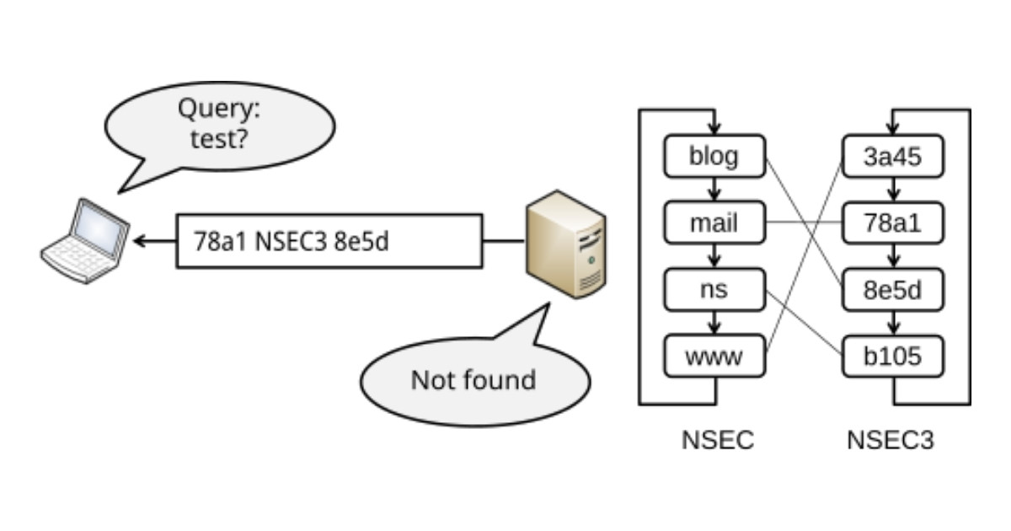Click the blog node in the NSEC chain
pyautogui.click(x=714, y=156)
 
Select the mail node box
pyautogui.click(x=714, y=223)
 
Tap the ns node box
pyautogui.click(x=714, y=290)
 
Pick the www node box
pyautogui.click(x=714, y=357)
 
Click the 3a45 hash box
pyautogui.click(x=894, y=156)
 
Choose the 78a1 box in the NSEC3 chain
pyautogui.click(x=894, y=223)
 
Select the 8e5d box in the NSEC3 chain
pyautogui.click(x=894, y=290)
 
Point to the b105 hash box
pyautogui.click(x=894, y=357)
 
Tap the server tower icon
pyautogui.click(x=565, y=244)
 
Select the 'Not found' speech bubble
pyautogui.click(x=474, y=379)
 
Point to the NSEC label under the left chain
pyautogui.click(x=717, y=440)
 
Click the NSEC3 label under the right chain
pyautogui.click(x=891, y=440)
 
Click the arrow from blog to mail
pyautogui.click(x=714, y=190)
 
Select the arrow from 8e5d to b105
pyautogui.click(x=894, y=324)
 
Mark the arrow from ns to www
pyautogui.click(x=714, y=324)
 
